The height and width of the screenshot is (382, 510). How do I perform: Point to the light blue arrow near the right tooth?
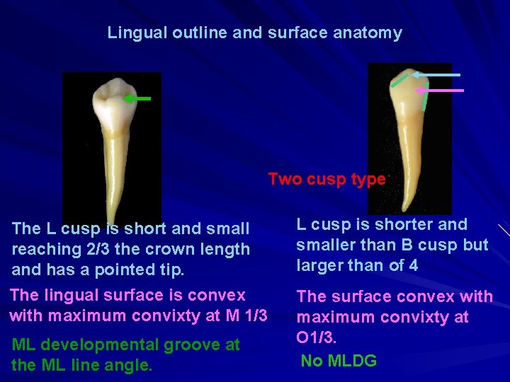click(437, 74)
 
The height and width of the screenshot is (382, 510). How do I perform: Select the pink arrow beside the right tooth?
click(440, 91)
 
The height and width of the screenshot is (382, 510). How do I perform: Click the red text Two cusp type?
click(327, 179)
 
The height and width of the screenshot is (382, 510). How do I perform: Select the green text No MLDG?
click(339, 361)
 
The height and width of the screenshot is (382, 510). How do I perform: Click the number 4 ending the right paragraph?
click(413, 265)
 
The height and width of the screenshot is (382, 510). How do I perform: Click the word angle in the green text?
click(132, 365)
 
